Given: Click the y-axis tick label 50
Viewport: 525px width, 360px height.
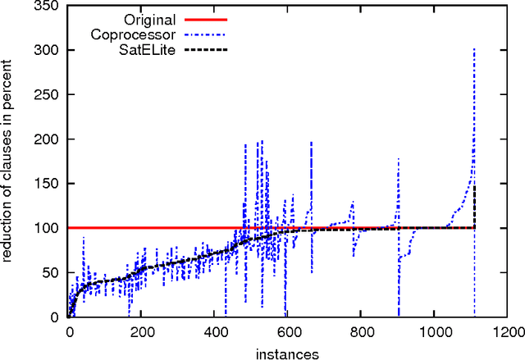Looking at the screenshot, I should click(x=54, y=272).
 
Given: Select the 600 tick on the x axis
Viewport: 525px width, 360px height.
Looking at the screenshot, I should click(x=288, y=334).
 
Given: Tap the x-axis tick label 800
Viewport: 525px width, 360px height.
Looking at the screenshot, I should click(x=361, y=334).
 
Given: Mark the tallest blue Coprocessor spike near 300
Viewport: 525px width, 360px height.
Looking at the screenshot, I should click(x=475, y=51).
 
